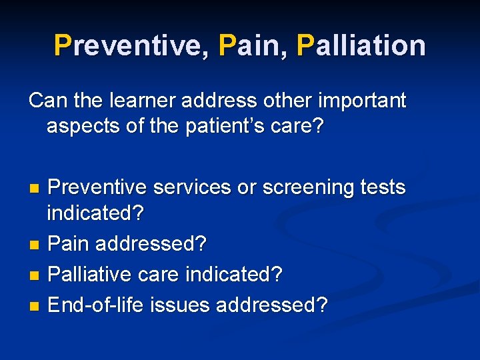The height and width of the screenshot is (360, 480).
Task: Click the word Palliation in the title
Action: [362, 45]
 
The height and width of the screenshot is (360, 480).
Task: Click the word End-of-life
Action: [97, 305]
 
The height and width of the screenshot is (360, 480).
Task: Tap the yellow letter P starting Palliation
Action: [305, 45]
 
